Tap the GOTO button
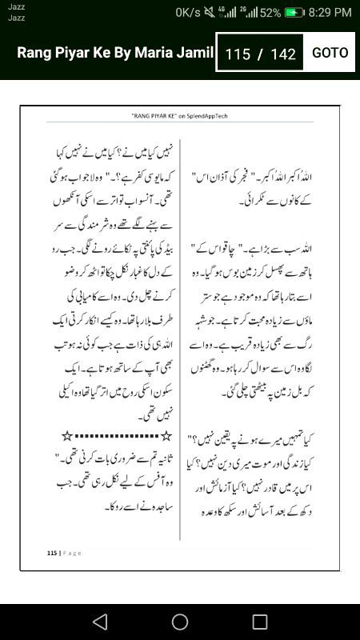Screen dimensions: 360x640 tap(330, 53)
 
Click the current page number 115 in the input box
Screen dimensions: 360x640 tap(238, 54)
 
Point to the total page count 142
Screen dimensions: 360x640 tap(283, 54)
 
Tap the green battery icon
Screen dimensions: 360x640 tap(294, 13)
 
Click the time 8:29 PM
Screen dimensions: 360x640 tap(330, 13)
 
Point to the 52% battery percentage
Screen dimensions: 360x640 tap(270, 13)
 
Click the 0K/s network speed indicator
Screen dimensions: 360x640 tap(190, 13)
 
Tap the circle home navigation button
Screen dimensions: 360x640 tap(180, 622)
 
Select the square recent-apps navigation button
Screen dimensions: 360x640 tap(260, 622)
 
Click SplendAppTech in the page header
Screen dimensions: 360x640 tap(210, 116)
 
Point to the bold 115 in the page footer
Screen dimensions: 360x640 tap(52, 552)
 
